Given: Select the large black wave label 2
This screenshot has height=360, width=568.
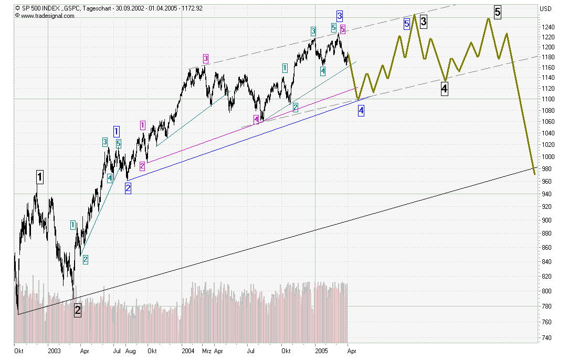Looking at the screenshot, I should (x=78, y=310).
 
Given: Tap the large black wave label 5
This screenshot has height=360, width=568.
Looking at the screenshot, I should (x=497, y=10).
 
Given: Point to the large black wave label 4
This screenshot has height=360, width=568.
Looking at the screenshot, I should (x=445, y=89).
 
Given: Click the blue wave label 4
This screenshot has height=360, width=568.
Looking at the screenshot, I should (x=361, y=110).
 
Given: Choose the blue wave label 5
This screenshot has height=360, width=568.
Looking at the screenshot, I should (x=407, y=24).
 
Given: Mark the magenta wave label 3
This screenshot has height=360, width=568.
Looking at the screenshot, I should (x=206, y=58).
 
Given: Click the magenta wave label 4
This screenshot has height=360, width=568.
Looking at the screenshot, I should (x=257, y=120).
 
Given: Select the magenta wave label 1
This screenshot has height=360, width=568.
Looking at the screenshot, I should (x=143, y=125).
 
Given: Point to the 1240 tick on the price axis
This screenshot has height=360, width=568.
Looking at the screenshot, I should (x=548, y=27).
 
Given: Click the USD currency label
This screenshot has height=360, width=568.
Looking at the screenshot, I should (x=546, y=9).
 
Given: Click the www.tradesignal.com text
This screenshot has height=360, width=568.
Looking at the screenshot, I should (x=47, y=16).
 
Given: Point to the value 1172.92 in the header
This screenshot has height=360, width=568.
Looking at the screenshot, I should (x=191, y=8).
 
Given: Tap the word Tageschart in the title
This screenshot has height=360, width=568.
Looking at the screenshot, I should (x=98, y=8).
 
